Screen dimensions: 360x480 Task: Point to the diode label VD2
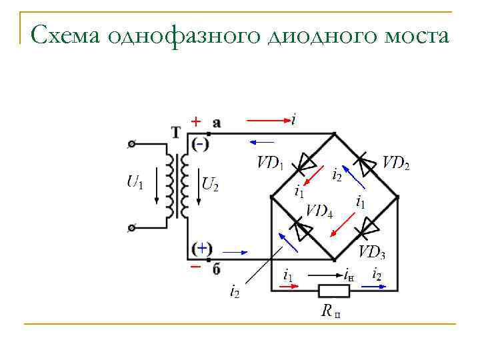(x=396, y=163)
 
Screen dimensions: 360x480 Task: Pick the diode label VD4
(x=319, y=211)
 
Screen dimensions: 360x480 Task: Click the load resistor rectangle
(x=333, y=290)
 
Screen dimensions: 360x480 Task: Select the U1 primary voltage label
(x=134, y=181)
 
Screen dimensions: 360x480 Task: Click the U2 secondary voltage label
(x=210, y=184)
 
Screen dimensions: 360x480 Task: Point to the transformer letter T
(x=176, y=132)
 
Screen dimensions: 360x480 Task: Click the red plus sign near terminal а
(x=195, y=121)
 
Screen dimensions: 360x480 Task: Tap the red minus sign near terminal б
(x=195, y=266)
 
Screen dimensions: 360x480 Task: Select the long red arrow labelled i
(x=267, y=121)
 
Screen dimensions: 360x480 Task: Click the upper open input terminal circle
(x=132, y=143)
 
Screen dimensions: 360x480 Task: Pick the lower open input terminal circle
(x=132, y=228)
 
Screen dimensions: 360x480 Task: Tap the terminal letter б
(x=216, y=269)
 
